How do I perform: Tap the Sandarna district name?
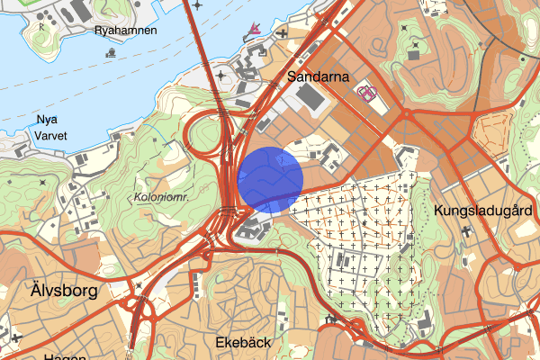(318, 77)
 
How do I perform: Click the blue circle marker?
(270, 181)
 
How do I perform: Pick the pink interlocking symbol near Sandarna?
(366, 92)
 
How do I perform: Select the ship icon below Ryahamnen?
(111, 52)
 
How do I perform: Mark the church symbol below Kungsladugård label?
(466, 231)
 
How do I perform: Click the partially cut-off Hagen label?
(64, 355)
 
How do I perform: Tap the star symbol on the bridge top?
(197, 6)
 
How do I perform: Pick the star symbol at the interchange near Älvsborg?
(138, 286)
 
